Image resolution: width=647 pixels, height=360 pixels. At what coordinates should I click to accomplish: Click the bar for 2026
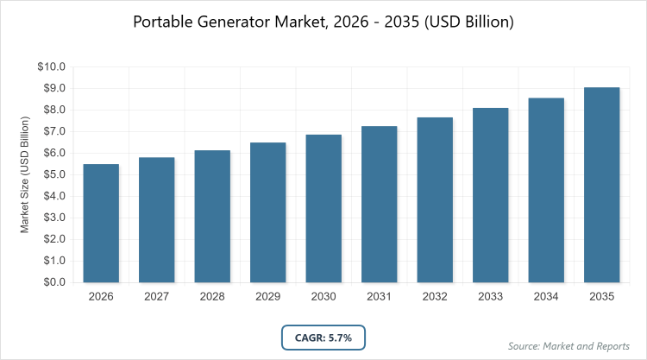[x=101, y=223]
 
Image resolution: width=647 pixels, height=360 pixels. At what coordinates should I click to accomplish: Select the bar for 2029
[x=268, y=212]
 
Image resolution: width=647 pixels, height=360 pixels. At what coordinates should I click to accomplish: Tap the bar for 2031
[x=380, y=204]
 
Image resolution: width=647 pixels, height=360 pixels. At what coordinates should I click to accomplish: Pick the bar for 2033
[x=491, y=195]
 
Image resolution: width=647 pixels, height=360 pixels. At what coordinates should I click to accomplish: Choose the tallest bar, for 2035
[x=602, y=185]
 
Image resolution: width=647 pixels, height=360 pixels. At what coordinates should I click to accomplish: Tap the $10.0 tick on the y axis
[x=53, y=66]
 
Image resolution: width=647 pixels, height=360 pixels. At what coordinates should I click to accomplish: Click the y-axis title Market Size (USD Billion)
[x=26, y=174]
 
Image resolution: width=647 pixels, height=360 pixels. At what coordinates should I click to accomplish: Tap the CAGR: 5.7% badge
[x=323, y=337]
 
